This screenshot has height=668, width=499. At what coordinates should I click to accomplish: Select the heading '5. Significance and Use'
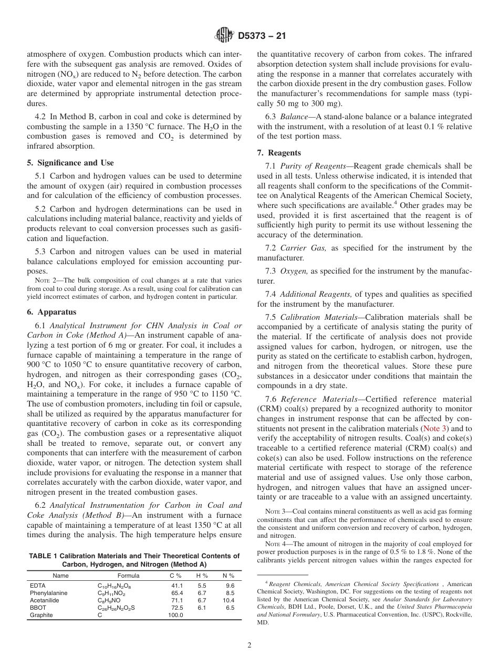click(70, 163)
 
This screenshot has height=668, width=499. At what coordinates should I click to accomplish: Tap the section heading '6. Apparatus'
click(51, 311)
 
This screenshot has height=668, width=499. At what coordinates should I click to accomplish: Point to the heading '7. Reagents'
click(278, 153)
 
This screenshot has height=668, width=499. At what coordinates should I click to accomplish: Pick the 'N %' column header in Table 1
click(228, 576)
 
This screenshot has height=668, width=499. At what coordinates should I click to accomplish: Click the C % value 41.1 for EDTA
click(176, 586)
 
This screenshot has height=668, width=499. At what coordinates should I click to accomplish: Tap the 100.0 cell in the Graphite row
click(175, 615)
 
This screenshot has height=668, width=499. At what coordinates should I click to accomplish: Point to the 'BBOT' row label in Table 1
click(37, 608)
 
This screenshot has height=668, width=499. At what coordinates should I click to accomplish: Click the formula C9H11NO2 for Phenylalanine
click(114, 593)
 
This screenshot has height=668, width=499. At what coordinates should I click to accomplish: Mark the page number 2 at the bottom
click(250, 645)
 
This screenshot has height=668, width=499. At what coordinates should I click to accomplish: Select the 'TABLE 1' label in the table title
click(45, 556)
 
